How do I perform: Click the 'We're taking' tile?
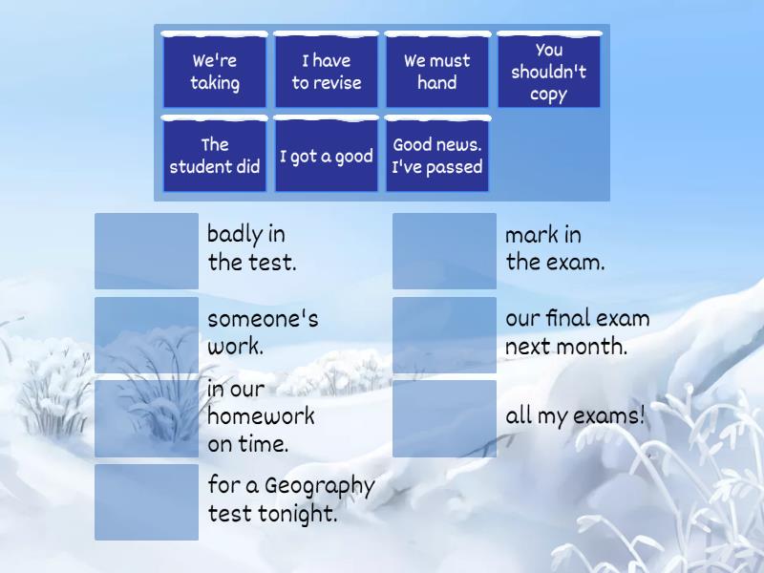coord(214,71)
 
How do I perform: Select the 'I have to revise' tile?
coord(326,71)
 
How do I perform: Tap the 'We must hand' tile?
coord(437,71)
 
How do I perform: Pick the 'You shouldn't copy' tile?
coord(548,71)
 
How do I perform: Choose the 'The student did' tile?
coord(214,155)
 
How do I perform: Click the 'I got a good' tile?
coord(326,155)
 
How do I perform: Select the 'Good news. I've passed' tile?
coord(437,155)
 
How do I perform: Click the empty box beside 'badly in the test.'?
coord(147,251)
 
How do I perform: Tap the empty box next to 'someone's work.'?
coord(147,335)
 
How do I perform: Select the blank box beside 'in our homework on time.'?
coord(147,418)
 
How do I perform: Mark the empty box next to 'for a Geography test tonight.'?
coord(147,502)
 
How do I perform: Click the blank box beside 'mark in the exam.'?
coord(444,251)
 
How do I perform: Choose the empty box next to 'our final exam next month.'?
coord(444,335)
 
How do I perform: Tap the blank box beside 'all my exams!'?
coord(444,418)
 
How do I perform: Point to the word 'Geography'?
coord(320,486)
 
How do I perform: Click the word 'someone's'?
coord(263,319)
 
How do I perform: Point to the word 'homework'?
coord(261,415)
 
